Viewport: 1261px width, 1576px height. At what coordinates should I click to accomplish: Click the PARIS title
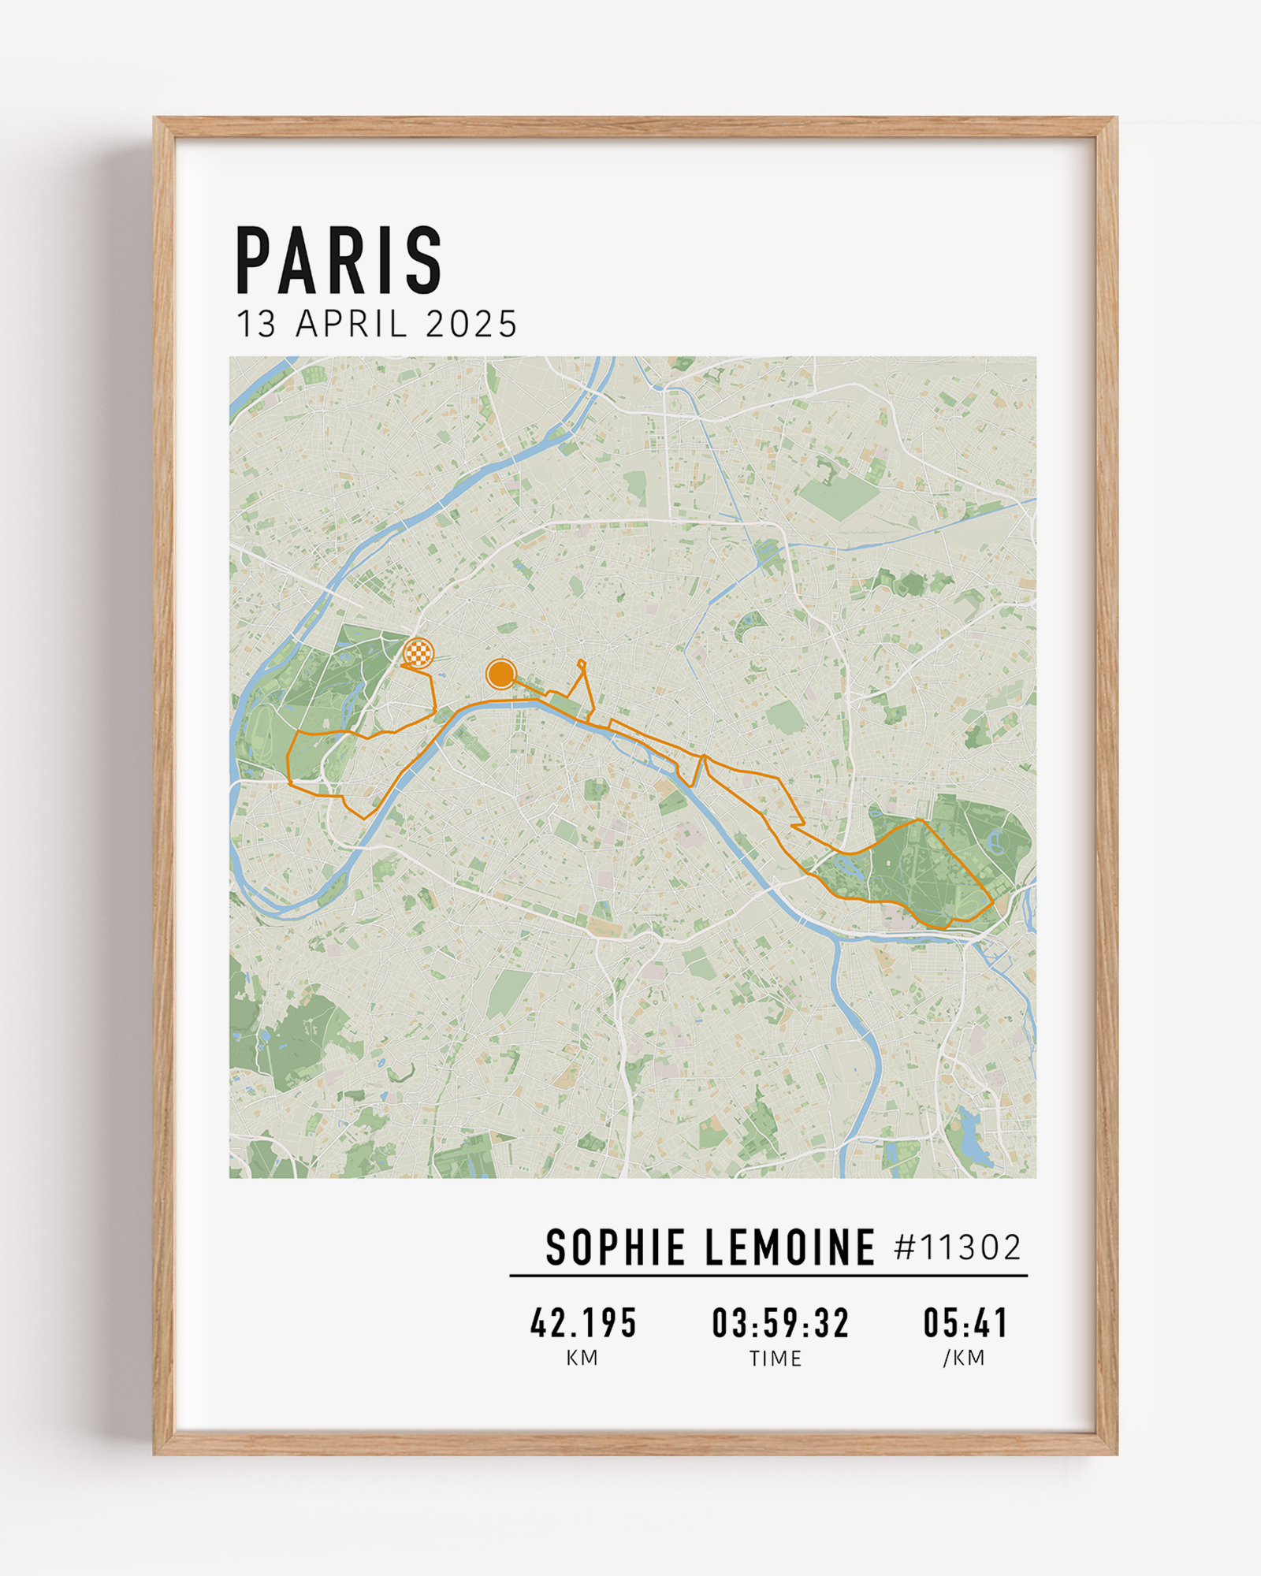339,260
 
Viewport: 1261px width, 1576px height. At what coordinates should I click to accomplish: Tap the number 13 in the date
257,324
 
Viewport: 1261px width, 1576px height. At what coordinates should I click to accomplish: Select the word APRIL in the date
352,324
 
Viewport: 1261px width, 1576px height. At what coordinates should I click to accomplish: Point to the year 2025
471,324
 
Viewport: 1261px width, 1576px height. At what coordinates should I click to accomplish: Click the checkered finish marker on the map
418,653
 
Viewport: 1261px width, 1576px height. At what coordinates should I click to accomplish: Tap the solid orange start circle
500,674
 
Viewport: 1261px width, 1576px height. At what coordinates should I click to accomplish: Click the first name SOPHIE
616,1247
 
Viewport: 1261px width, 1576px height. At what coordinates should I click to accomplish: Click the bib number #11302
958,1247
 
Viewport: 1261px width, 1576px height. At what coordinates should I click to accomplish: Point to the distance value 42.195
583,1324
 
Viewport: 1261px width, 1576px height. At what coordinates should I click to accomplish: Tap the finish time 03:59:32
780,1324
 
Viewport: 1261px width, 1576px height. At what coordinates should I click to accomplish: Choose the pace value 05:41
965,1324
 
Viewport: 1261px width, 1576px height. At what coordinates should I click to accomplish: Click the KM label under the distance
582,1359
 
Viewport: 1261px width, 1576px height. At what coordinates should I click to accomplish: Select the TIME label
776,1359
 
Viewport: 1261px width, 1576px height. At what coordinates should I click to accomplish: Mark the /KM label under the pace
964,1359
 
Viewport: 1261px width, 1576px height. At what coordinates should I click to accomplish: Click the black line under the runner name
768,1275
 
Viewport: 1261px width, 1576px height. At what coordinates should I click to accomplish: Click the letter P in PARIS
254,261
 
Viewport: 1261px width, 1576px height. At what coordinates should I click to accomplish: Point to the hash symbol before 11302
906,1247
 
